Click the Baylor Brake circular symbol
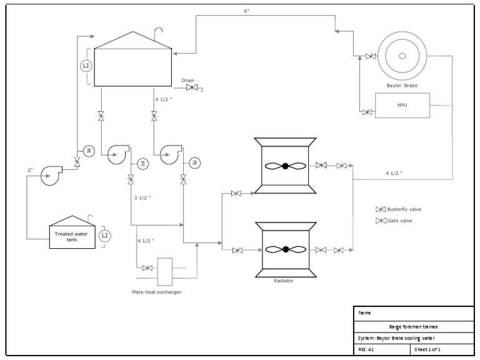[402, 56]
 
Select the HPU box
[402, 105]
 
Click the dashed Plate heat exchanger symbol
[165, 269]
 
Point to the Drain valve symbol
[191, 88]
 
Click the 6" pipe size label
[247, 11]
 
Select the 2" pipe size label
[30, 170]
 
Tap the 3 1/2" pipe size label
[142, 197]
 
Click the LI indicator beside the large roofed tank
[86, 65]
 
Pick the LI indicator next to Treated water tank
[104, 236]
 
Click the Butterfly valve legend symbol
[380, 209]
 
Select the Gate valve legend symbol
[380, 221]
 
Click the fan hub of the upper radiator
[285, 166]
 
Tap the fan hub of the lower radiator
[286, 249]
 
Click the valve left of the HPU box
[367, 112]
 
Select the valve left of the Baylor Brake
[371, 57]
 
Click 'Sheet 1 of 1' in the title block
[427, 349]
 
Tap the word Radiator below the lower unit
[284, 281]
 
